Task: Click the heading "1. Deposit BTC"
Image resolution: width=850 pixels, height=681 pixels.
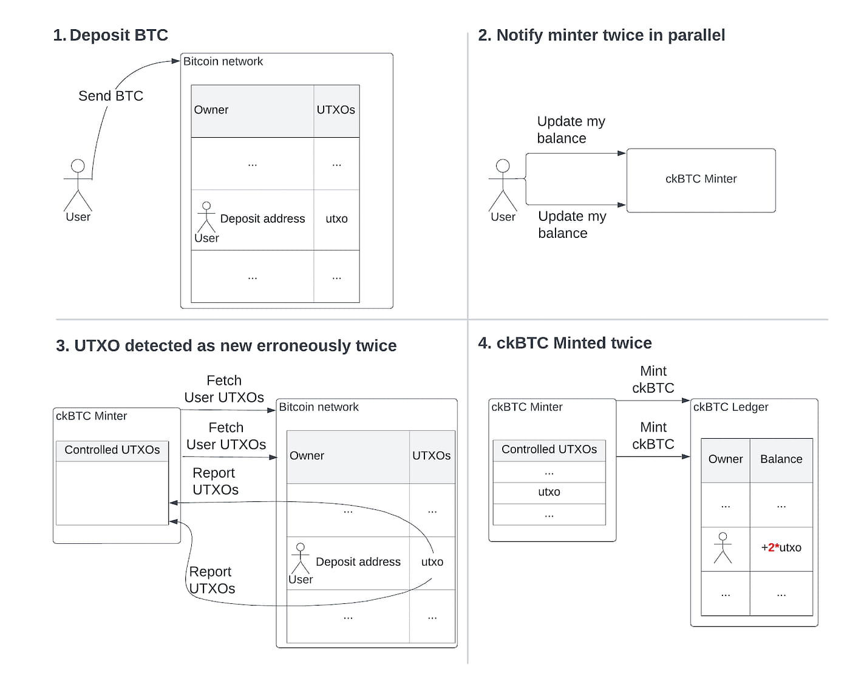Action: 110,35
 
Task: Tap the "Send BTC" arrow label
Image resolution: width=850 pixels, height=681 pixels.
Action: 110,96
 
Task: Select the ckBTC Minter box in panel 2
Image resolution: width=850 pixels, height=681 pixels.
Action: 701,180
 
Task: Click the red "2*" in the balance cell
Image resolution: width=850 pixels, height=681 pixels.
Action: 773,547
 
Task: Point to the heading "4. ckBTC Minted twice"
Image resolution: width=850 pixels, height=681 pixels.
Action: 565,343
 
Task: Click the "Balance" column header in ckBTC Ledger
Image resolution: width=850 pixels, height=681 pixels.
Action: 781,459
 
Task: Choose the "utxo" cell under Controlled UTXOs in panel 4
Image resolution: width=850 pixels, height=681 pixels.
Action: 549,492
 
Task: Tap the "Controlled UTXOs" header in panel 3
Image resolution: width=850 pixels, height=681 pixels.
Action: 112,450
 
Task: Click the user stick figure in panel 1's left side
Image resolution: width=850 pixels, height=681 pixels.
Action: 78,185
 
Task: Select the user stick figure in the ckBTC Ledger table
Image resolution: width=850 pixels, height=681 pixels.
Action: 722,547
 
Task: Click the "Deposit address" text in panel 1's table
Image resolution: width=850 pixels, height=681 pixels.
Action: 262,219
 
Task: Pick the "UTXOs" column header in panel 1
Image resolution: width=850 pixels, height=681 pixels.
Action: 336,110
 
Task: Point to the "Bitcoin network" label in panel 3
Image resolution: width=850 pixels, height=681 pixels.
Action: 319,407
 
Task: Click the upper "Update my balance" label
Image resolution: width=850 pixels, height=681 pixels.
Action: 571,130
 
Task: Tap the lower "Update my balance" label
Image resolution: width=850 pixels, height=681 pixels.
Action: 571,225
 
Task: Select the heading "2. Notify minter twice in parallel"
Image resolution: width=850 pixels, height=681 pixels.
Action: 601,35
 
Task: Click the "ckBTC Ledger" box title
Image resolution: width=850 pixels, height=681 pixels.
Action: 730,407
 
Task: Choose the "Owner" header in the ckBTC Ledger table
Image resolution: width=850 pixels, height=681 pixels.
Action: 725,459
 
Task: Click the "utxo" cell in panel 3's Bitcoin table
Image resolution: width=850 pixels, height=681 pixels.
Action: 432,562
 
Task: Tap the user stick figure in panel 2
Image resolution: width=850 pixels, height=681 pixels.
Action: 503,185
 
